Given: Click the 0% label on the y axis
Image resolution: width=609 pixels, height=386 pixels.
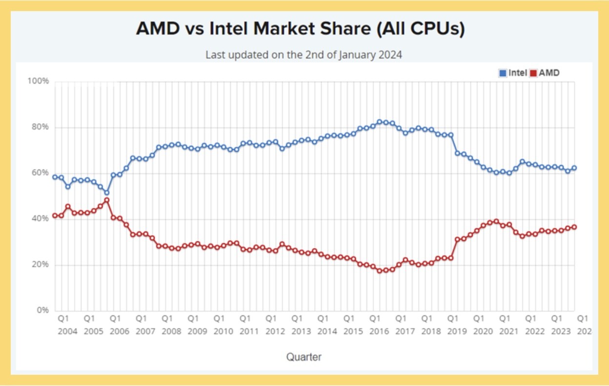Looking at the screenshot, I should click(x=42, y=310).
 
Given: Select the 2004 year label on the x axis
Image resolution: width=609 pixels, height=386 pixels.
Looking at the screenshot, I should click(x=67, y=331).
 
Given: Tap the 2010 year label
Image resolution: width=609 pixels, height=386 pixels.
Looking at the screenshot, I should click(x=223, y=331).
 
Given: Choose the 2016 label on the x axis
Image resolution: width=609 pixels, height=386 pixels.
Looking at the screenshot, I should click(x=379, y=331).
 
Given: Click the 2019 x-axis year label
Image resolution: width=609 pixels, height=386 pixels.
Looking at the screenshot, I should click(x=456, y=331).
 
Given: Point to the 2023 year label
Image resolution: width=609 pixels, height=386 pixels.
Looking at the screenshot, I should click(x=560, y=331).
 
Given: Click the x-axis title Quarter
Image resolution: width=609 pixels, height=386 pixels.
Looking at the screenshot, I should click(x=304, y=357).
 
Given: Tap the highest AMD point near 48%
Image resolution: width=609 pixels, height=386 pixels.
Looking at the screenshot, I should click(x=106, y=200).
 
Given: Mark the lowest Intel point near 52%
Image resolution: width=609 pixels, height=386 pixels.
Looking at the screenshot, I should click(x=106, y=193).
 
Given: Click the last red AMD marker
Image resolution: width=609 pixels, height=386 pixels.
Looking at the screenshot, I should click(x=574, y=227).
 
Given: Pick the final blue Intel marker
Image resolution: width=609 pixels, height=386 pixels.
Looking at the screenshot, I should click(x=574, y=168).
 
